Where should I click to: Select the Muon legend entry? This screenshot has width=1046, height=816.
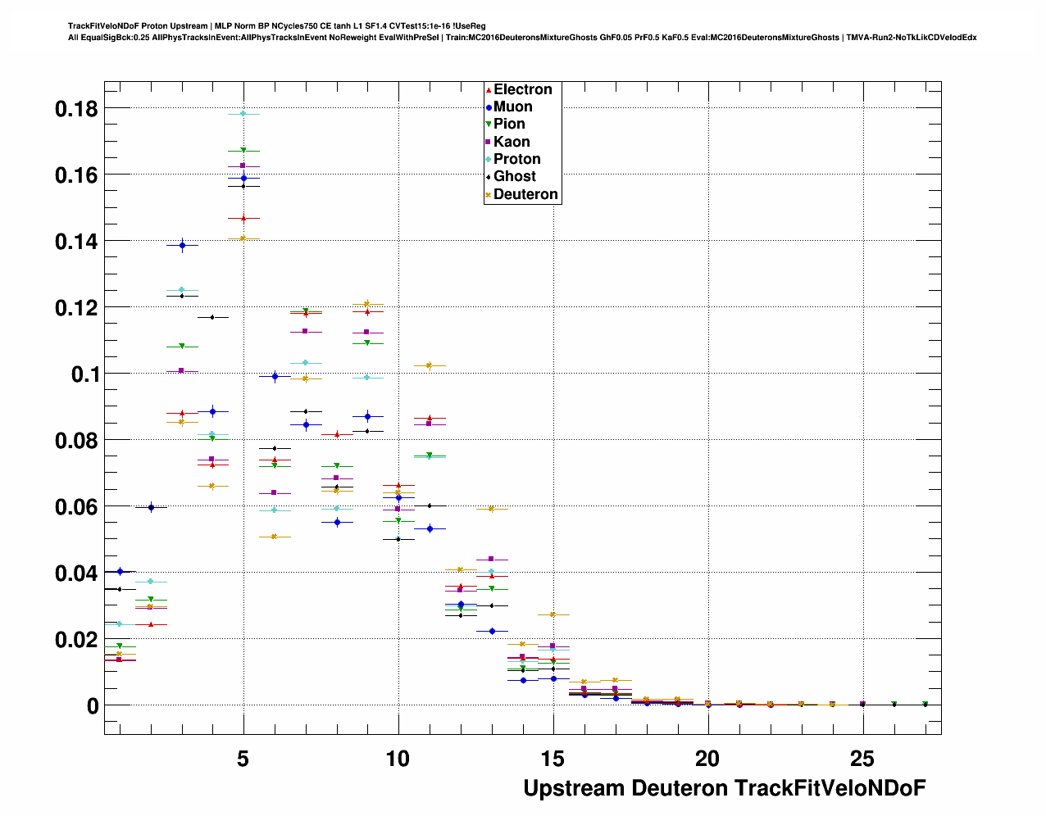tap(512, 107)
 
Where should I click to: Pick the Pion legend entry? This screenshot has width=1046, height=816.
tap(508, 124)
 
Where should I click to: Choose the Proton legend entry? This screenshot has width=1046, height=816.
tap(516, 159)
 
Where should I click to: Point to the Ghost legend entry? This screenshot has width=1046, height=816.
tap(514, 176)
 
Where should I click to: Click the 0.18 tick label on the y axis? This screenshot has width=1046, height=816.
tap(76, 108)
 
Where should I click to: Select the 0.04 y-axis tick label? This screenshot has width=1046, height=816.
tap(76, 573)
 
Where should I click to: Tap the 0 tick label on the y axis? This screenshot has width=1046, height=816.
tap(92, 706)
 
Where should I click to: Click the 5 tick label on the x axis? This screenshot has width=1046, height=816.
tap(243, 759)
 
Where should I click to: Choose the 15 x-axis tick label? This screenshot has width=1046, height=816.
tap(553, 759)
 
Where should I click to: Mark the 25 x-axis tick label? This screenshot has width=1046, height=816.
tap(862, 759)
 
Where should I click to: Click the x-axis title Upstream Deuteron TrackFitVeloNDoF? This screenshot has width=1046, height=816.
tap(724, 788)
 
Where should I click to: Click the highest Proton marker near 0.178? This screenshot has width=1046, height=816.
tap(243, 114)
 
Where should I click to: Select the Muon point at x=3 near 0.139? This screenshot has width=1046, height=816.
tap(182, 245)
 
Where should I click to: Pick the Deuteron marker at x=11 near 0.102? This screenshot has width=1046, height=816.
tap(429, 365)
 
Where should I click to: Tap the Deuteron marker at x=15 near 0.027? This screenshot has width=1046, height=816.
tap(553, 614)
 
